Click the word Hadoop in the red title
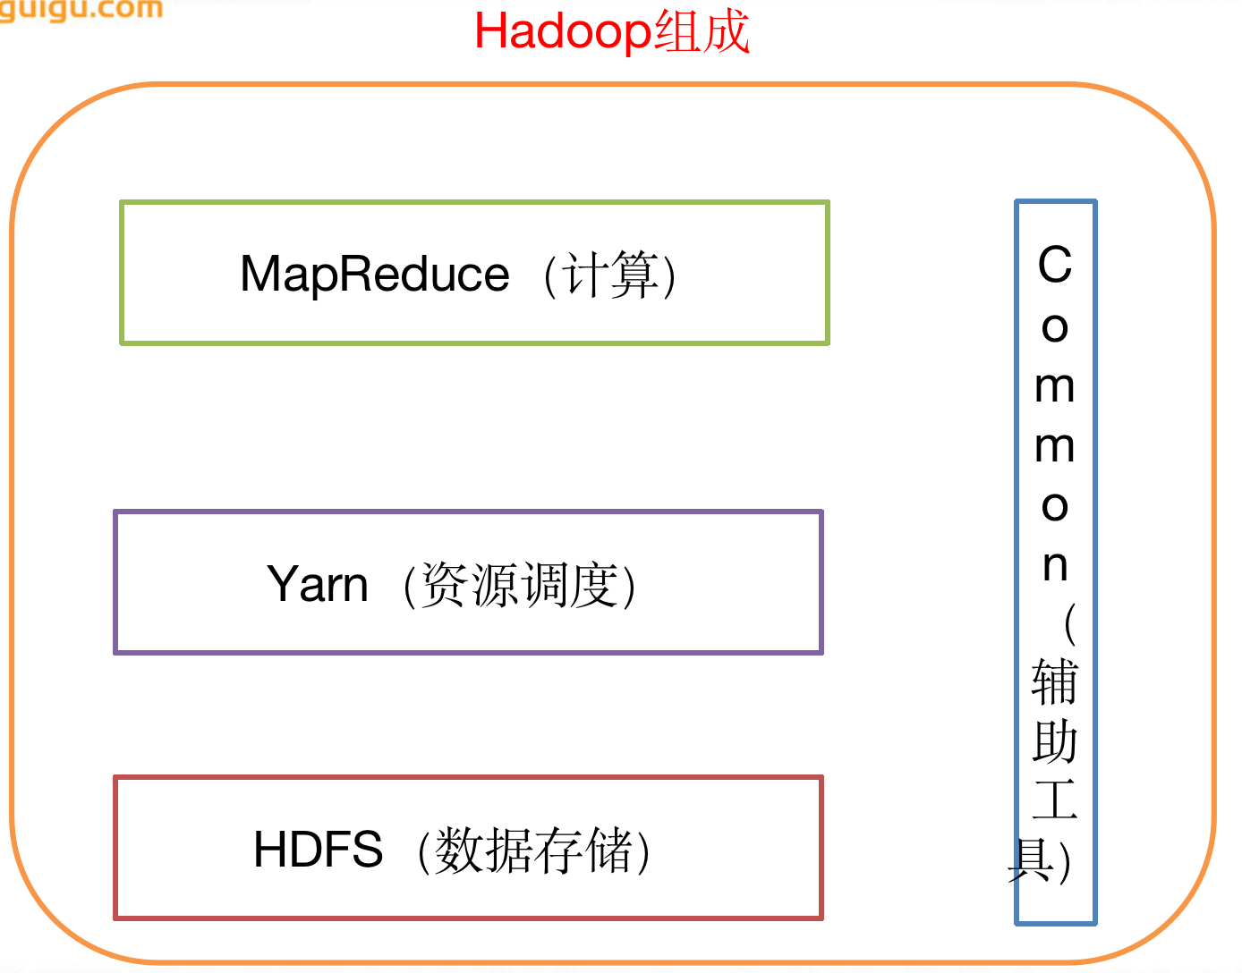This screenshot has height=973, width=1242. (562, 32)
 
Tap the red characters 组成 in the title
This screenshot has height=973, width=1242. (702, 32)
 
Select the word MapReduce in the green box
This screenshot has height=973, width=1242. (374, 274)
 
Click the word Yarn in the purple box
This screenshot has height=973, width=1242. (318, 584)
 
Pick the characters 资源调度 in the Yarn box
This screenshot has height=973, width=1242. (519, 585)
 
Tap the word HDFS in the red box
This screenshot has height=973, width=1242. (318, 850)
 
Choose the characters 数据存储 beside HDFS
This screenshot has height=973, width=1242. (533, 850)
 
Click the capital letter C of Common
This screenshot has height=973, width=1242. (1055, 265)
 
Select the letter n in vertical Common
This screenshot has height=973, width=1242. (1055, 565)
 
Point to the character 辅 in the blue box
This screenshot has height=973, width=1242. (1055, 682)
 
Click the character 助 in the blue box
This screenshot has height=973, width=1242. (1055, 742)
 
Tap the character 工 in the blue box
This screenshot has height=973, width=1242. (1055, 800)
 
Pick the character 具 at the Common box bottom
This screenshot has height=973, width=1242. (1031, 860)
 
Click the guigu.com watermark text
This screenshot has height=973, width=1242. (81, 10)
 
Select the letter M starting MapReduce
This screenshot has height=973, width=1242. (260, 274)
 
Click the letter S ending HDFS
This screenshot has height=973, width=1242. (367, 850)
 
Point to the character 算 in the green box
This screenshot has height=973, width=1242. (632, 275)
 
